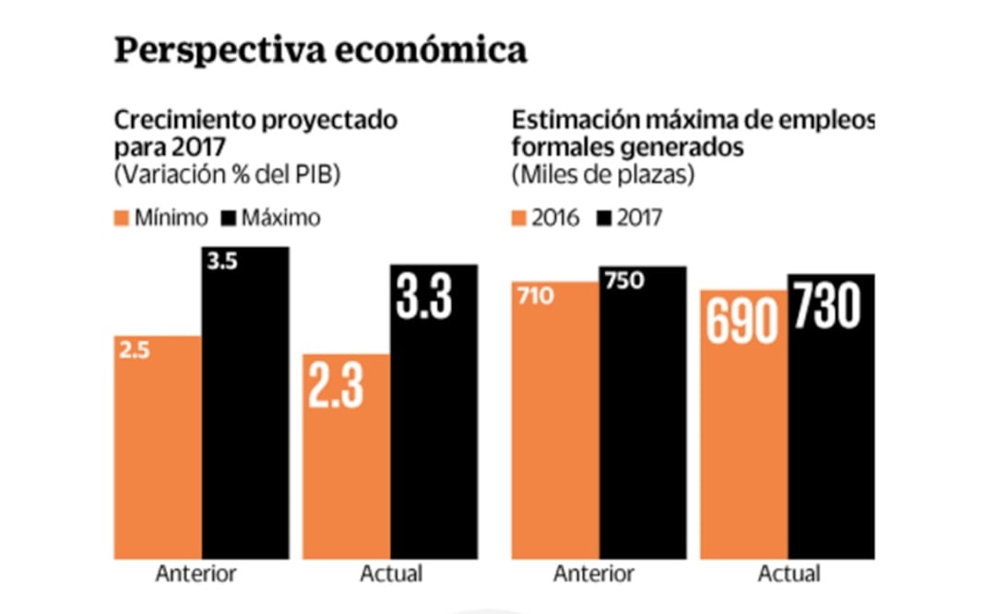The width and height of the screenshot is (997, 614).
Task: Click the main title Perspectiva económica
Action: pyautogui.click(x=320, y=50)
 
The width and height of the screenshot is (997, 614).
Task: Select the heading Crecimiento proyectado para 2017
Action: pyautogui.click(x=255, y=134)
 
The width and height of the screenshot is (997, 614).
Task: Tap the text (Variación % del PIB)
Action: pyautogui.click(x=227, y=175)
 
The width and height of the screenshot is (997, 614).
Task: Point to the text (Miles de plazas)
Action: pyautogui.click(x=603, y=175)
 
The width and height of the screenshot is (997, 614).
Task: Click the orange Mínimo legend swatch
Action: pyautogui.click(x=124, y=218)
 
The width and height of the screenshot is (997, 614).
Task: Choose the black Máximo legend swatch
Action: pyautogui.click(x=229, y=218)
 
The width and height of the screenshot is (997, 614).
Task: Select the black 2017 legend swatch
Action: pyautogui.click(x=606, y=218)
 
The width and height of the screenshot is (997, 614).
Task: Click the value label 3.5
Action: pyautogui.click(x=222, y=262)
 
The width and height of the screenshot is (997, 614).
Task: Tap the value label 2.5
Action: pyautogui.click(x=135, y=349)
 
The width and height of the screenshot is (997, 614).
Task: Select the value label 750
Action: pyautogui.click(x=623, y=281)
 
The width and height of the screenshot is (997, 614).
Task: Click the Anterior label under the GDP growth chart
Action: pyautogui.click(x=196, y=573)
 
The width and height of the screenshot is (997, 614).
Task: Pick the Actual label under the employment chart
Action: pyautogui.click(x=789, y=573)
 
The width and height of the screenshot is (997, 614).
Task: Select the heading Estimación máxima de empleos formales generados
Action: pyautogui.click(x=693, y=134)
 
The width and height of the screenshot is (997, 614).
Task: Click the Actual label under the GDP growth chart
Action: pyautogui.click(x=391, y=573)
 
